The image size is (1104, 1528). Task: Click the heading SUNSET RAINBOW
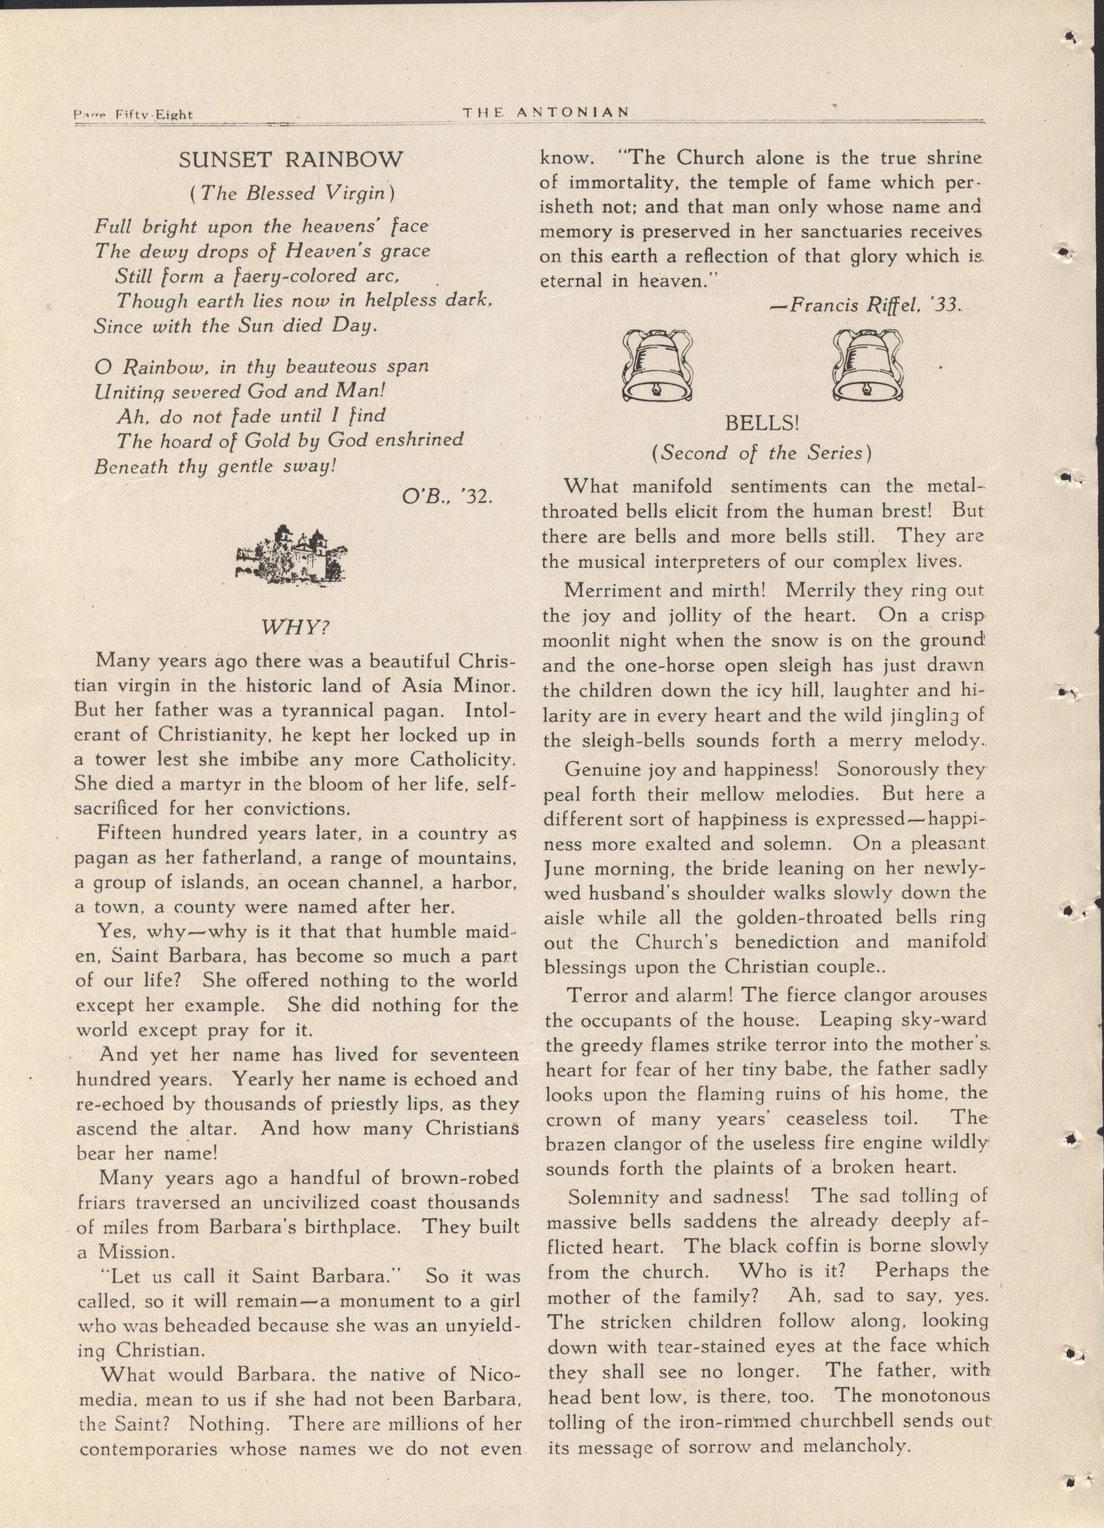point(291,161)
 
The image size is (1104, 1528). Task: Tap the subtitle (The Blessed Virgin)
point(291,193)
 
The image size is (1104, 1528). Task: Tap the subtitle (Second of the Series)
point(762,452)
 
